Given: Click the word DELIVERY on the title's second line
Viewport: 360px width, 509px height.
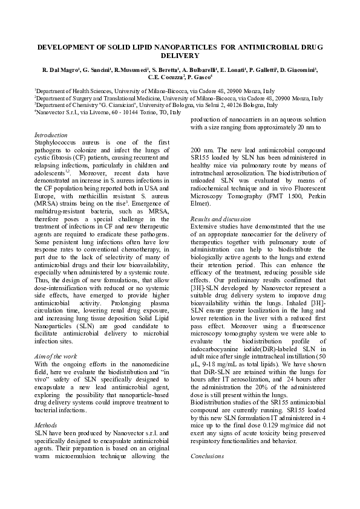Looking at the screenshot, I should coord(180,55).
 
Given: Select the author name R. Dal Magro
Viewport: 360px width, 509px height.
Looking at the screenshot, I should coord(61,70).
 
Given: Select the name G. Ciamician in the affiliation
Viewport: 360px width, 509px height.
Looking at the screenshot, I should coord(121,105).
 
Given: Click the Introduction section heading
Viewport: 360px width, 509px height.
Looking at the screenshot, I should coord(51,135).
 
